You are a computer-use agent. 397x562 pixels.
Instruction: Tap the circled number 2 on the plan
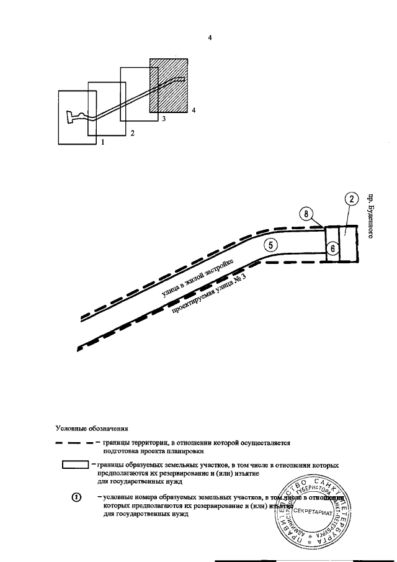(350, 199)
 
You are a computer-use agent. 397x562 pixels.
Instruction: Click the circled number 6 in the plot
(332, 248)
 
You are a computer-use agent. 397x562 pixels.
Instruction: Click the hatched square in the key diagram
(169, 85)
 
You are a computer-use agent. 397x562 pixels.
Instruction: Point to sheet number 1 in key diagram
(102, 142)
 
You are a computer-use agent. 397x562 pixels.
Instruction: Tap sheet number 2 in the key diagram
(132, 132)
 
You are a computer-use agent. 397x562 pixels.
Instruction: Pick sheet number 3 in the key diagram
(163, 117)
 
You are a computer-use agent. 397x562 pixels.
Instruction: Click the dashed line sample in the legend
(75, 443)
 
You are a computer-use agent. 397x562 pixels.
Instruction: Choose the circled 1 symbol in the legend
(76, 498)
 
